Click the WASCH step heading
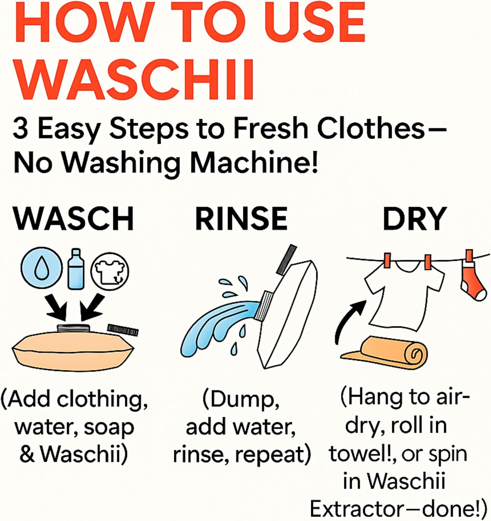coord(74,219)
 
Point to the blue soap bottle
coord(76,269)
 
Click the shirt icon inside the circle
coord(110,271)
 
